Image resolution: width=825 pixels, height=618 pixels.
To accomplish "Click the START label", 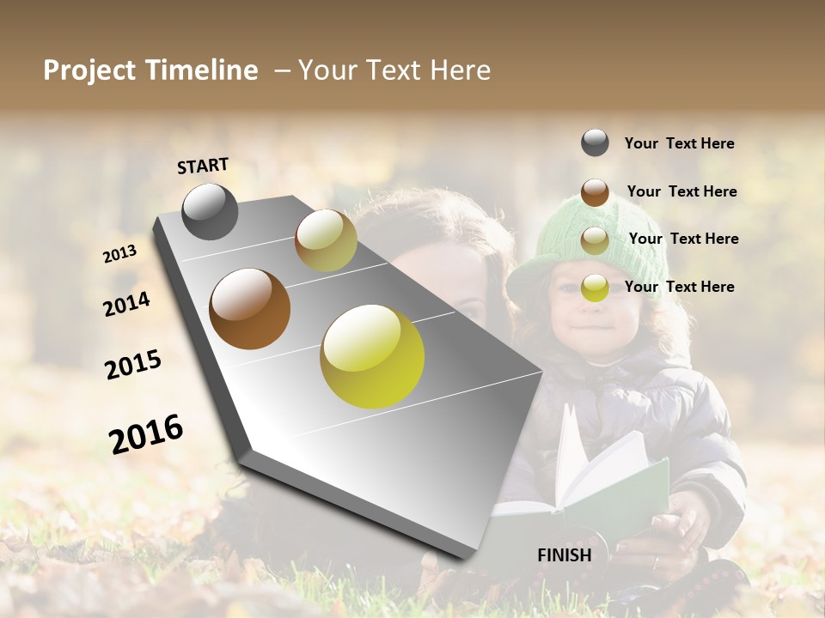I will [203, 166].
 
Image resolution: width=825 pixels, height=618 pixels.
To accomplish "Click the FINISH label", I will [564, 555].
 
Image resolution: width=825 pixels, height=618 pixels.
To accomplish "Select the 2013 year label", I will [119, 254].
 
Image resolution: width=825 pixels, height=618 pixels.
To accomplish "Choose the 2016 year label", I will [146, 434].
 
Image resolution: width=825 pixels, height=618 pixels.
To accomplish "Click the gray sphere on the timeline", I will [210, 211].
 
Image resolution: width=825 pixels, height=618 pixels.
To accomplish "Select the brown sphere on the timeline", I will [249, 309].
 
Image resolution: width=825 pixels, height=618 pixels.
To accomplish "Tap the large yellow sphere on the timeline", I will [372, 356].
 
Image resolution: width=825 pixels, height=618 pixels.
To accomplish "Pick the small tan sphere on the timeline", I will [326, 240].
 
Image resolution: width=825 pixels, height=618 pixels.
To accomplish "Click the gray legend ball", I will [595, 143].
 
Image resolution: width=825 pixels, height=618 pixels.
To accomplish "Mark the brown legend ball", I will [595, 192].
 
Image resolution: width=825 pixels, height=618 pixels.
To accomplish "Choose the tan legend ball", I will [595, 240].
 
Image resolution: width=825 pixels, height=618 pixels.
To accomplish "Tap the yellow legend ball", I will [595, 288].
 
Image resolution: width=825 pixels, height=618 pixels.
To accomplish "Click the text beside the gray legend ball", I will [679, 144].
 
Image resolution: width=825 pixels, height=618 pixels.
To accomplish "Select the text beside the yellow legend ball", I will [679, 287].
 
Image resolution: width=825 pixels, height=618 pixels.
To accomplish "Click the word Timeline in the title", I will [202, 70].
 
